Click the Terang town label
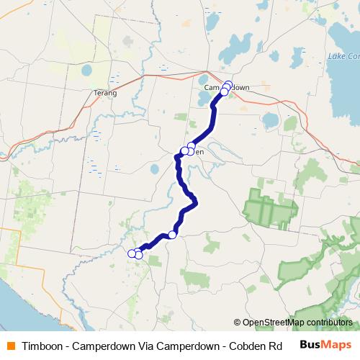click(105, 93)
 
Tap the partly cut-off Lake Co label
click(343, 56)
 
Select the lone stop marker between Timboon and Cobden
click(173, 235)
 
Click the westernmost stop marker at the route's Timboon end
click(132, 253)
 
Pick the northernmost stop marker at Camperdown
click(228, 84)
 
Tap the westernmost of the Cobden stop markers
click(184, 151)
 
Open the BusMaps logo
click(325, 345)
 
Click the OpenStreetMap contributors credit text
click(297, 323)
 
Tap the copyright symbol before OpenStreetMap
click(238, 323)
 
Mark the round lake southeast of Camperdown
click(270, 120)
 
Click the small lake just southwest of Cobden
click(155, 170)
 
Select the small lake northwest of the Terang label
click(86, 71)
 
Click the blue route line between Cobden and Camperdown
click(207, 130)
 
